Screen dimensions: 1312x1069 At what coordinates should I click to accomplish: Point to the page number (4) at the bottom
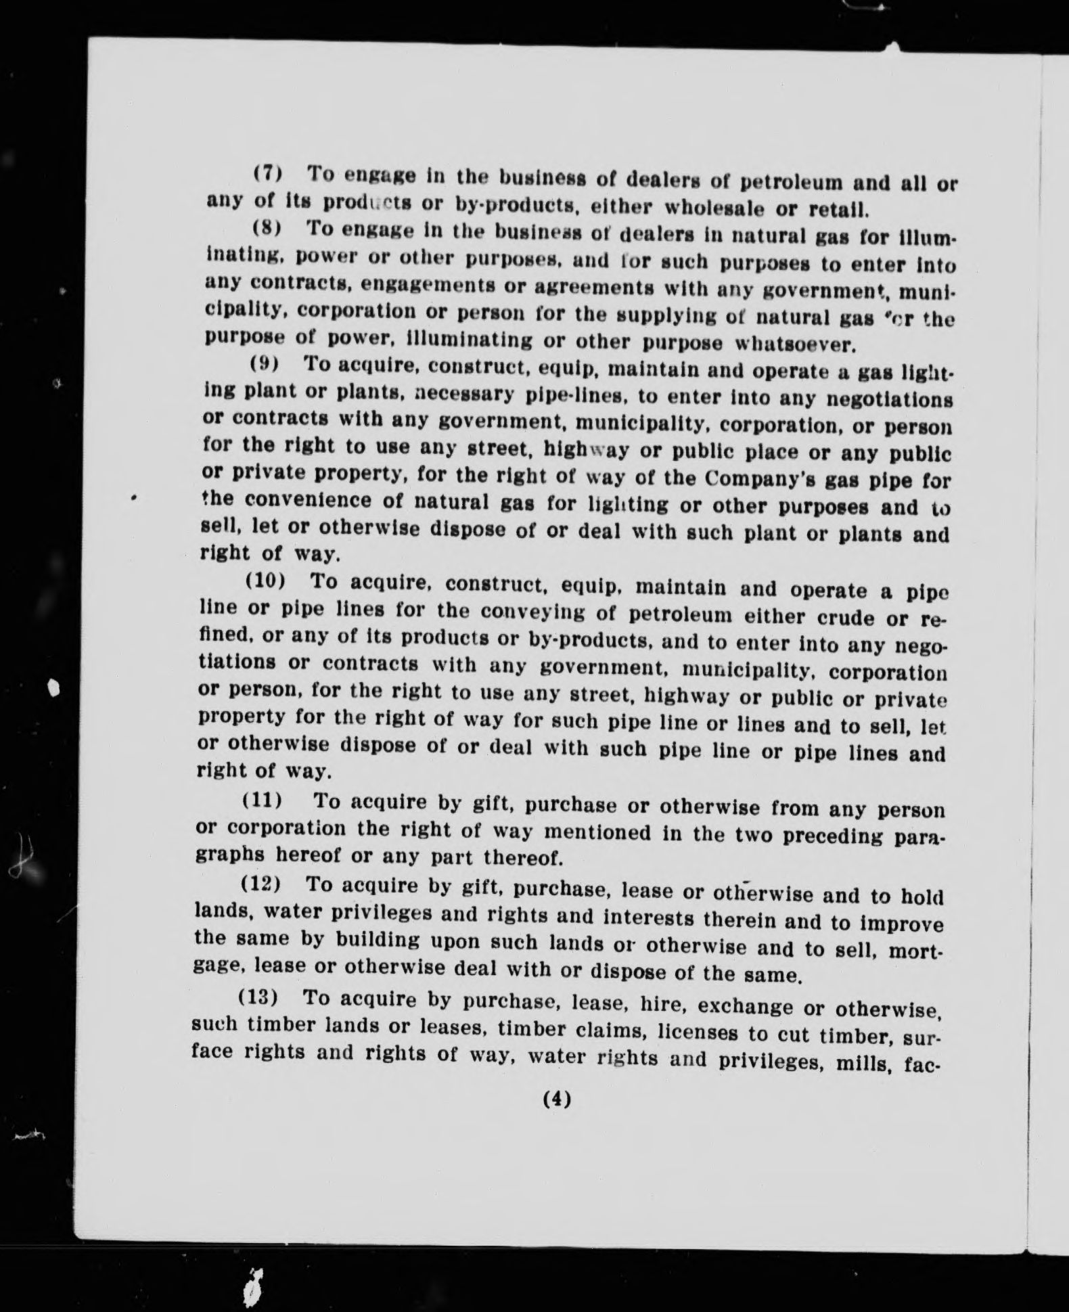coord(557,1099)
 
